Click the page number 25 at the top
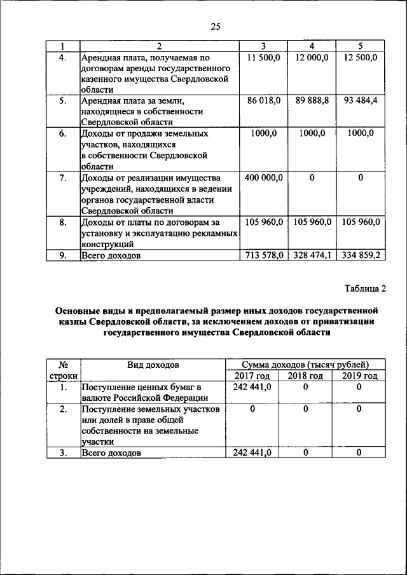coord(215,26)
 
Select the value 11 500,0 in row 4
coord(264,58)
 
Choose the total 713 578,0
coord(265,255)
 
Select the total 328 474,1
coord(312,255)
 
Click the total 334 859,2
coord(360,255)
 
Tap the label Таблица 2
coord(365,289)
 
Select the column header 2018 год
coord(305,376)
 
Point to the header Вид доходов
coord(153,365)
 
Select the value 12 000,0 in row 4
coord(312,58)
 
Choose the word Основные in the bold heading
coord(79,311)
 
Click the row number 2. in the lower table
coord(63,409)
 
